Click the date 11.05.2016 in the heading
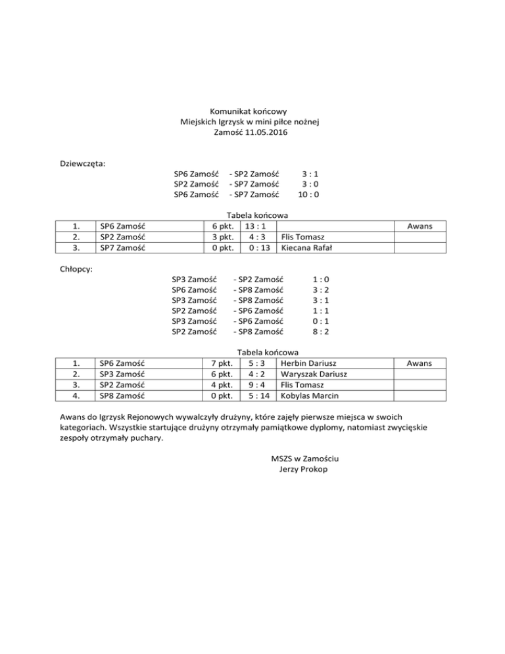(268, 132)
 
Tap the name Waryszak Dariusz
(314, 374)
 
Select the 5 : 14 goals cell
(257, 396)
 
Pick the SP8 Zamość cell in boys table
(122, 396)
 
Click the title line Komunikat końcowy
(249, 111)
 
